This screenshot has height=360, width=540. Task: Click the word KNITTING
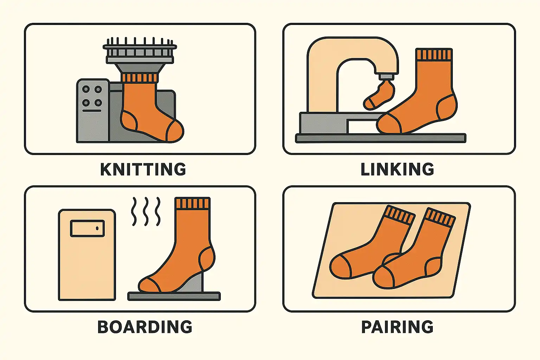click(143, 169)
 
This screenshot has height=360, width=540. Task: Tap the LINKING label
click(397, 169)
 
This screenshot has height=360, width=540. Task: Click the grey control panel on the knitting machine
click(93, 110)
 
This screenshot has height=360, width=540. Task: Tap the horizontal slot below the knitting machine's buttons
click(92, 111)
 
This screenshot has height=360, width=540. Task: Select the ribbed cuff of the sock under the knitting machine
click(140, 78)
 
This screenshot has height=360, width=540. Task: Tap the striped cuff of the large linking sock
click(434, 54)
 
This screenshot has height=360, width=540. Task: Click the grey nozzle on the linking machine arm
click(386, 77)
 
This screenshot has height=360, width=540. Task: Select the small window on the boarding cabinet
click(87, 228)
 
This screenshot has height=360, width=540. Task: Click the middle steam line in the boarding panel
click(146, 212)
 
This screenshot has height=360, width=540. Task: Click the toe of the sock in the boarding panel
click(148, 284)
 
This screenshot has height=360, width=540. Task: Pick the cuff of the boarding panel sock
click(192, 203)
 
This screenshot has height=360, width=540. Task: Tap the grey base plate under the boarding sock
click(174, 296)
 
